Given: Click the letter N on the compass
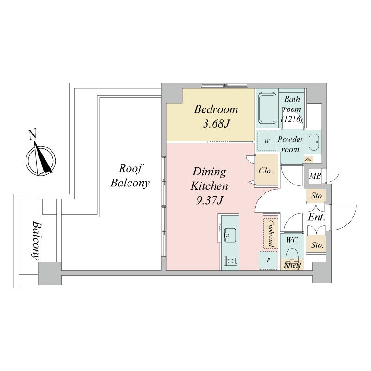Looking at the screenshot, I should pos(32,135).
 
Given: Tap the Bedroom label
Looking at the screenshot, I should pos(216,110).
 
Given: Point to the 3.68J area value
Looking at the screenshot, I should pos(216,124).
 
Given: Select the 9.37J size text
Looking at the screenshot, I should pos(210,201).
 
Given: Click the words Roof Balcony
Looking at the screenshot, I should pos(130,175).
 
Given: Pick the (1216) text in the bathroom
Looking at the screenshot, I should pos(292,119).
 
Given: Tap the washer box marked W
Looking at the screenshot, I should pos(268,140).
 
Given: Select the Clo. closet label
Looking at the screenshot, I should pos(266,171).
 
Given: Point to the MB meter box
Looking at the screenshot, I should pos(316,176).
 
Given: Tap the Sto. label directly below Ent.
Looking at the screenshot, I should pos(317,244).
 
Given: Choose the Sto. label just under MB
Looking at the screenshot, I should pos(317,196).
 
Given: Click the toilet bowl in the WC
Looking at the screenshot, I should pos(292,254).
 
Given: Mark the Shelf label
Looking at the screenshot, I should pos(293,265).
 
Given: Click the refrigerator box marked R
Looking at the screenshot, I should pos(268,261).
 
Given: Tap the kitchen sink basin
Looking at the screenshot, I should pos(230,235).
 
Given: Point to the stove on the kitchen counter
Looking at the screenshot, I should pos(230,262).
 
